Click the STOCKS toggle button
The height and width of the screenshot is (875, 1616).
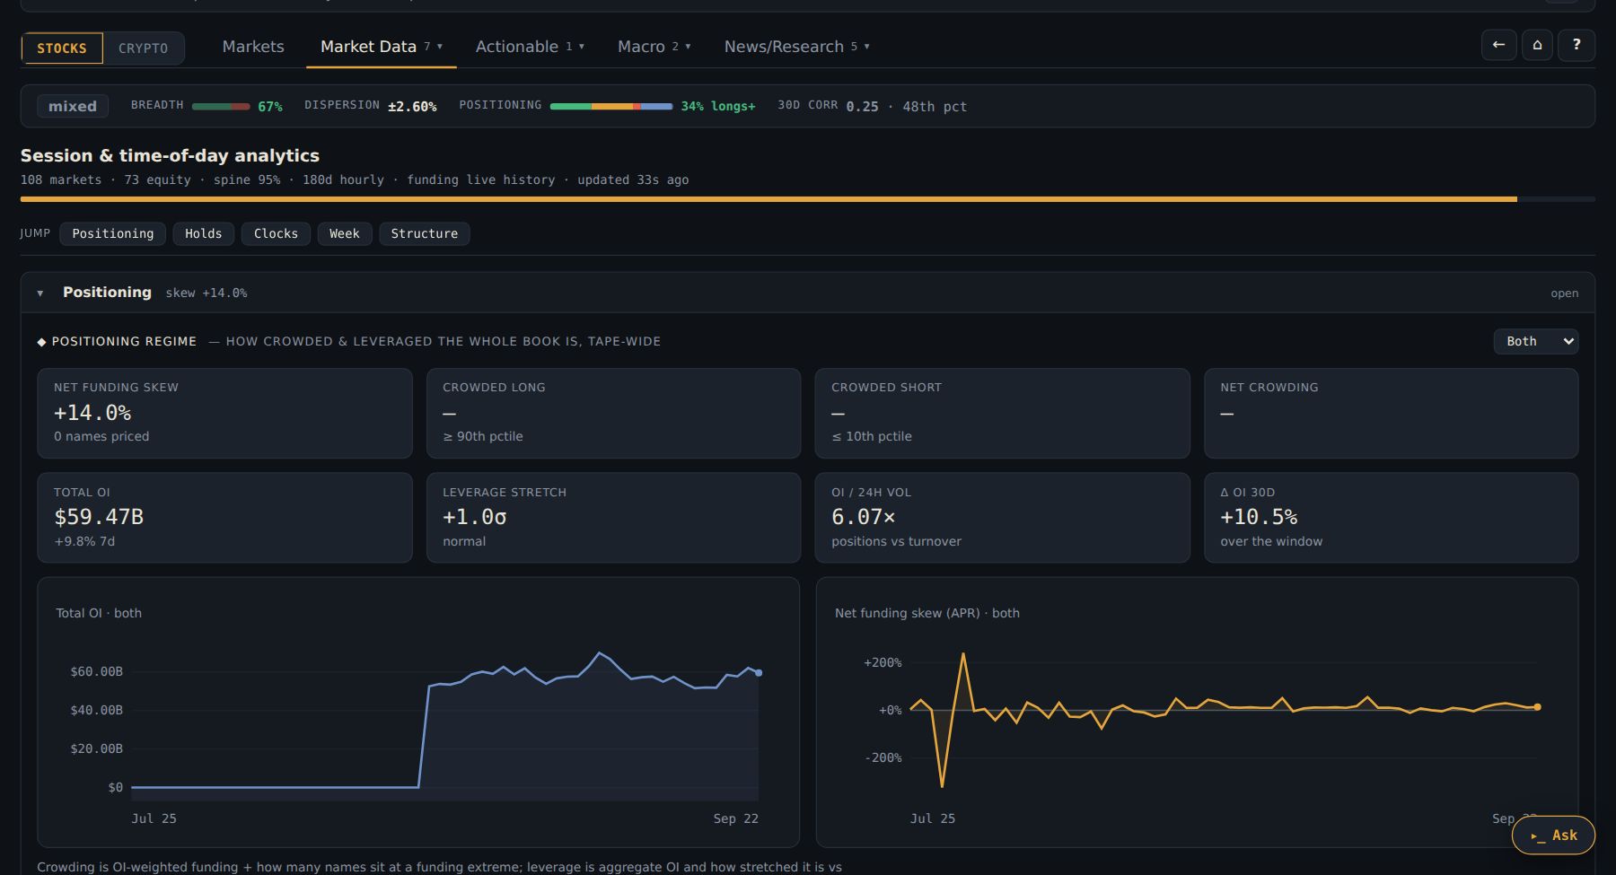pos(62,48)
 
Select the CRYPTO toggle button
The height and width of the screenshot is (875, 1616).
pos(144,48)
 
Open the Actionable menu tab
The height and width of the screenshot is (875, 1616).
pos(530,47)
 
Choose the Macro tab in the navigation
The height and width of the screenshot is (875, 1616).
pos(654,47)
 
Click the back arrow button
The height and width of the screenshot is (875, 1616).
pos(1498,45)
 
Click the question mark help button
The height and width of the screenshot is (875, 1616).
pos(1576,45)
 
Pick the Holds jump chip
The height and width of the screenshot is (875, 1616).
pos(204,233)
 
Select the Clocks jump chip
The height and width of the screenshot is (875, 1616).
pos(276,233)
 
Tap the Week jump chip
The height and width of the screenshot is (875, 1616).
pos(345,233)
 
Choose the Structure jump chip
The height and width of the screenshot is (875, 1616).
pos(425,233)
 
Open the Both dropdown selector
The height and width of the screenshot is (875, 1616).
pos(1536,341)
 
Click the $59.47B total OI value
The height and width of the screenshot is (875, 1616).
pos(99,517)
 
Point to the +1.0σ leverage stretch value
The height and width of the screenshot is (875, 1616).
pos(475,517)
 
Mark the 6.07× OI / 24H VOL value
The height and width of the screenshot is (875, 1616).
pos(864,517)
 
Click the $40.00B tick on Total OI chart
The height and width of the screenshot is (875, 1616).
pos(97,710)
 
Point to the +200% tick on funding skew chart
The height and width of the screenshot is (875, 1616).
pos(883,662)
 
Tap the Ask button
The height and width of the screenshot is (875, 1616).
pos(1554,836)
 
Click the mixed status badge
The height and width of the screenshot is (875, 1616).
pos(73,106)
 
